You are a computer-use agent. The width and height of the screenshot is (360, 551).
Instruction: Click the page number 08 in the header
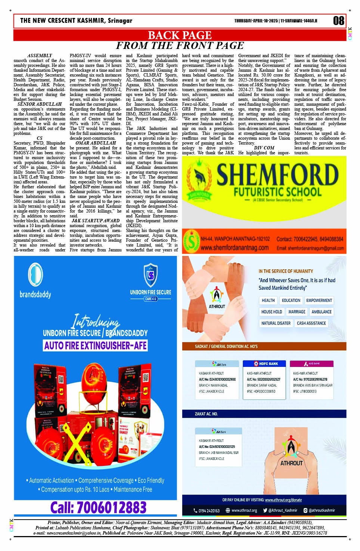click(x=338, y=21)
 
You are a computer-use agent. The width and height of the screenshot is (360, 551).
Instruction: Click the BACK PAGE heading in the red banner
click(x=180, y=35)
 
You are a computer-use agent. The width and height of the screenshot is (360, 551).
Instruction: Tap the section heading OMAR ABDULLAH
click(x=96, y=143)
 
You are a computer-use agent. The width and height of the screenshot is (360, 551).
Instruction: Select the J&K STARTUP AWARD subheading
click(x=96, y=221)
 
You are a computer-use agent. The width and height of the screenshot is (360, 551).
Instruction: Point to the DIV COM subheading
click(x=264, y=148)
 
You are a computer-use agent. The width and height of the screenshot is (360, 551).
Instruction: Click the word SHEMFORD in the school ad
click(x=277, y=175)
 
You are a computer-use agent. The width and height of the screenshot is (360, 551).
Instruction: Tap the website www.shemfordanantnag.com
click(x=235, y=248)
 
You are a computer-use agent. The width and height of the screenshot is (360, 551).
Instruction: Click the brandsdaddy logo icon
click(x=35, y=275)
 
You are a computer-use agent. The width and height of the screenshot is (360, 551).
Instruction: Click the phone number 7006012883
click(x=98, y=507)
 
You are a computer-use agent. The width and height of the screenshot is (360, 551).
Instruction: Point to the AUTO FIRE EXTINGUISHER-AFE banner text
click(x=96, y=346)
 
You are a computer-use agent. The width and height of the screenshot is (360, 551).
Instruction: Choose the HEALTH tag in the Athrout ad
click(x=268, y=300)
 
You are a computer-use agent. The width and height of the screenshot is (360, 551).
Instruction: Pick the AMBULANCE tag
click(x=321, y=312)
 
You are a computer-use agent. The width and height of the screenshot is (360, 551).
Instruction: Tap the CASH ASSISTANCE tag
click(x=311, y=323)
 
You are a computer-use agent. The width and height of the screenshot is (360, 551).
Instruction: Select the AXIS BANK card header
click(x=312, y=363)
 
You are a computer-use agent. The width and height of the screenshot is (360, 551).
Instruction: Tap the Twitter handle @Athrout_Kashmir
click(x=280, y=510)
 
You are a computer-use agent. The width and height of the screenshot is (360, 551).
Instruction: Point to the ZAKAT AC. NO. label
click(x=206, y=414)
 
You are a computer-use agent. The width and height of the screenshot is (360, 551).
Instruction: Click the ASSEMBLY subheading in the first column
click(x=40, y=56)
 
